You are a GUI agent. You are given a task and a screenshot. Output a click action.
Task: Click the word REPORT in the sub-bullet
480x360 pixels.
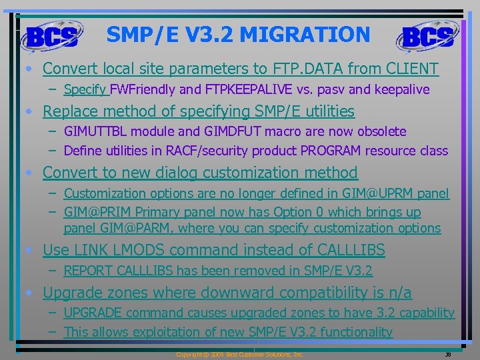pyautogui.click(x=87, y=271)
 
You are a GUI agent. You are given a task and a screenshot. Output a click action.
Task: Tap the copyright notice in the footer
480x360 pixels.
pyautogui.click(x=239, y=355)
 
